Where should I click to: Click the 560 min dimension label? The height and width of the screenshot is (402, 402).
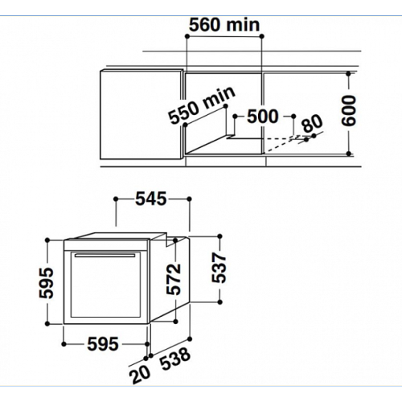224,25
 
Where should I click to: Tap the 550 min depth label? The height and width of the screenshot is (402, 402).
202,105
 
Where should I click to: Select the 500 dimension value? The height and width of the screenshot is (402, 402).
263,117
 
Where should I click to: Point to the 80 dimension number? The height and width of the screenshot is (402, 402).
312,123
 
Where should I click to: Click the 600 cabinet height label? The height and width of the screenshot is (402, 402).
349,110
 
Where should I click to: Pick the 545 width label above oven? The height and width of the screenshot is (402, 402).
151,199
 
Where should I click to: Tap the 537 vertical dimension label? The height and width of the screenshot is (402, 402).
219,269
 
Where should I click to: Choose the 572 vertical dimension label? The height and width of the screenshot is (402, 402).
174,279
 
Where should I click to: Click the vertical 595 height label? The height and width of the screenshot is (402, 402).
47,283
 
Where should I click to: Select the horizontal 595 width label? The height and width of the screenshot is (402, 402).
103,344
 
